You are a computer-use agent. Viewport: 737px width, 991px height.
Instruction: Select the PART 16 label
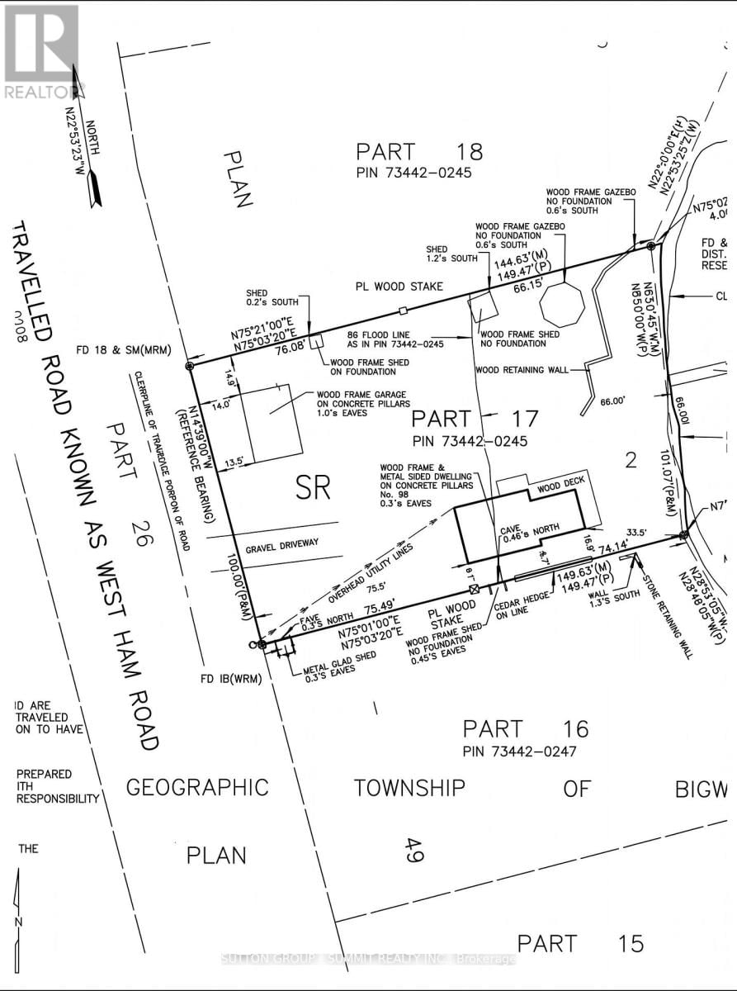pyautogui.click(x=526, y=728)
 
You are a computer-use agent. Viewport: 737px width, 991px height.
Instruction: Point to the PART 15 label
pyautogui.click(x=580, y=942)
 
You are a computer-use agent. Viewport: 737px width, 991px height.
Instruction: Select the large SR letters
pyautogui.click(x=313, y=489)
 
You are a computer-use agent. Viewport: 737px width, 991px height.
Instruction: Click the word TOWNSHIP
pyautogui.click(x=410, y=787)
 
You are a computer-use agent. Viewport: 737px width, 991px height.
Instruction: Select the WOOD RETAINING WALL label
pyautogui.click(x=522, y=370)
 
